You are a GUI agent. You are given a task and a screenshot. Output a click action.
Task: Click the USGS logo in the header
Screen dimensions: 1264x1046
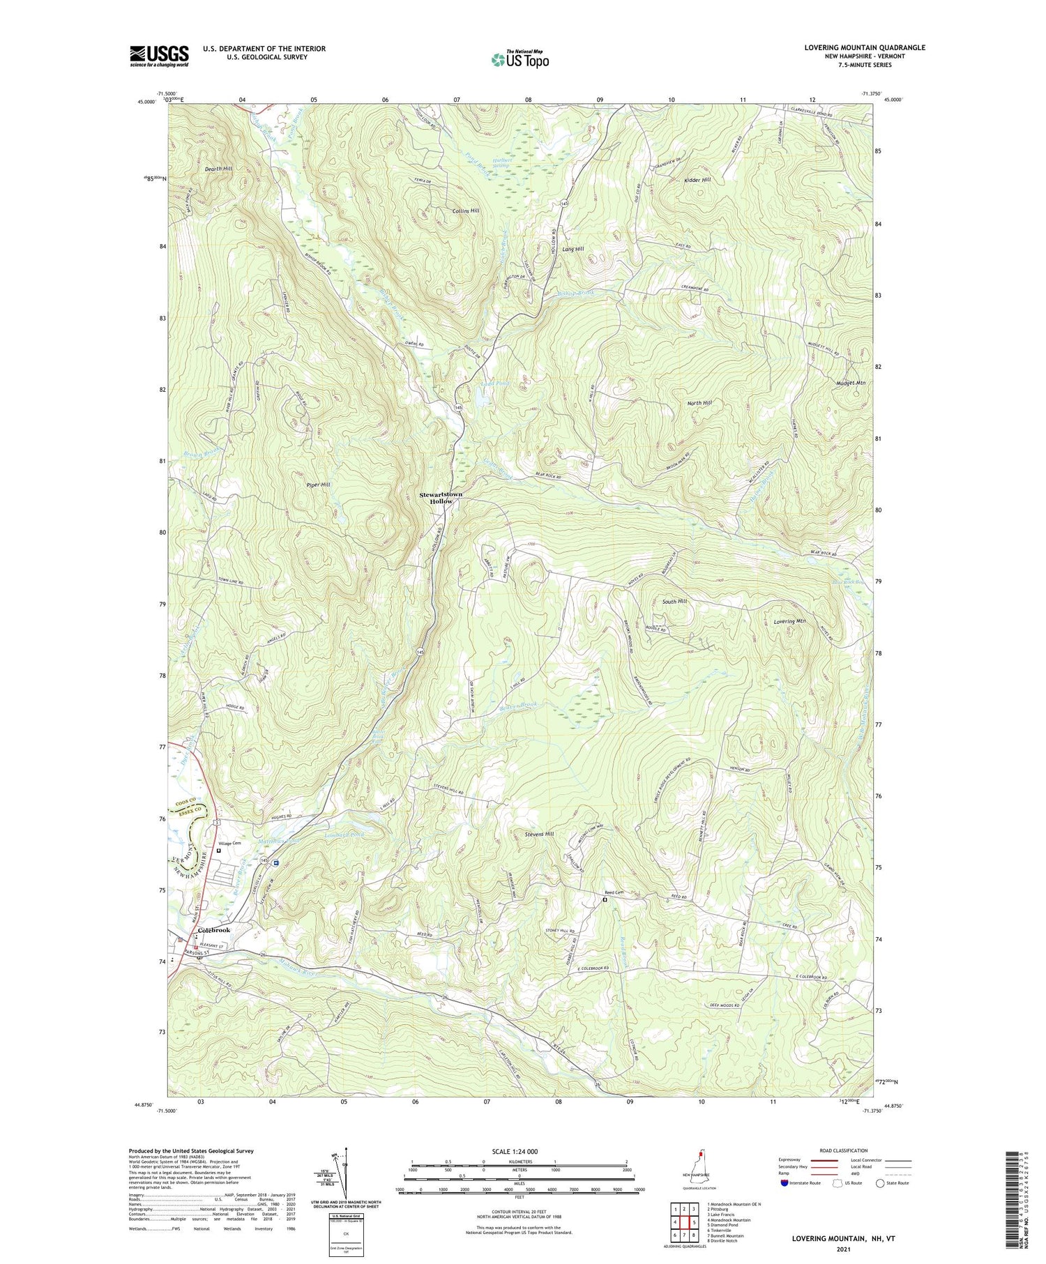pyautogui.click(x=159, y=56)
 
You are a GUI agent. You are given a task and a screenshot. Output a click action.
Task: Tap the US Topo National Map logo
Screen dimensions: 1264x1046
pyautogui.click(x=520, y=59)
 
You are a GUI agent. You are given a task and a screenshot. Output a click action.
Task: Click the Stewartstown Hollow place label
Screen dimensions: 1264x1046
pyautogui.click(x=441, y=498)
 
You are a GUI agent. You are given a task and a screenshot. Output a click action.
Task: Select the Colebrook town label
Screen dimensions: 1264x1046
pyautogui.click(x=214, y=930)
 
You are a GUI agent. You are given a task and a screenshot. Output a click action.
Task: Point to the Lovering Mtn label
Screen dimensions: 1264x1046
pyautogui.click(x=789, y=620)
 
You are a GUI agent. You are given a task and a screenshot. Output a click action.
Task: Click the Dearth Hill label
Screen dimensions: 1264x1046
pyautogui.click(x=218, y=169)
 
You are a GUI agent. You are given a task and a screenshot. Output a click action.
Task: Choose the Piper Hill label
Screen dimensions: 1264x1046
pyautogui.click(x=317, y=484)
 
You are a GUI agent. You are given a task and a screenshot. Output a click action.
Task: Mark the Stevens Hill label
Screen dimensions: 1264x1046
pyautogui.click(x=539, y=834)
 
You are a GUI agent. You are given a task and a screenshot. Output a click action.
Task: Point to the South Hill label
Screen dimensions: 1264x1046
pyautogui.click(x=674, y=601)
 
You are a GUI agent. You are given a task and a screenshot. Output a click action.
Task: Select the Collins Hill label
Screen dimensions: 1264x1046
pyautogui.click(x=466, y=211)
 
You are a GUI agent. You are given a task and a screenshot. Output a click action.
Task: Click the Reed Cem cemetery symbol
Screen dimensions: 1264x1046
pyautogui.click(x=605, y=899)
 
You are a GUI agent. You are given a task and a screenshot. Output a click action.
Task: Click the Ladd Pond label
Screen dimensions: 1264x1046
pyautogui.click(x=496, y=383)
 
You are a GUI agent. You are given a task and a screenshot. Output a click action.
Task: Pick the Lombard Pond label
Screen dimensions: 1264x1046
pyautogui.click(x=343, y=834)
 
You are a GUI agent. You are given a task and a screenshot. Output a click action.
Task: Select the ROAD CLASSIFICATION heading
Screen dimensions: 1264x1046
pyautogui.click(x=844, y=1150)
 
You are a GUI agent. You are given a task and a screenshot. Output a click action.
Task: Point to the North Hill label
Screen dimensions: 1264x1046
pyautogui.click(x=699, y=403)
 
